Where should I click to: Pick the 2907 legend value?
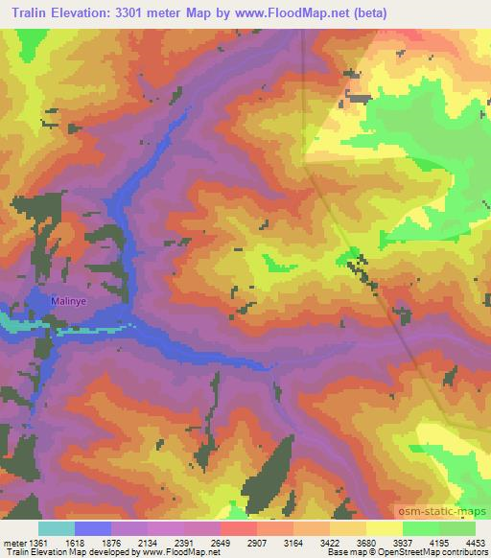tap(268, 542)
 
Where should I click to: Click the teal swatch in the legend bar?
tap(56, 528)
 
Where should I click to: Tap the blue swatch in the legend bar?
tap(92, 528)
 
